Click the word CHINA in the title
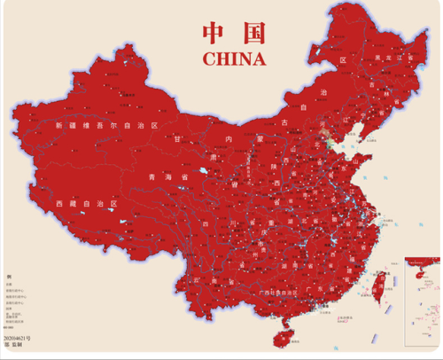(234, 59)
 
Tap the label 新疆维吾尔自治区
(106, 127)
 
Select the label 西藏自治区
(86, 204)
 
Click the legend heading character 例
(8, 278)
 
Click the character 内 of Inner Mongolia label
(229, 141)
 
